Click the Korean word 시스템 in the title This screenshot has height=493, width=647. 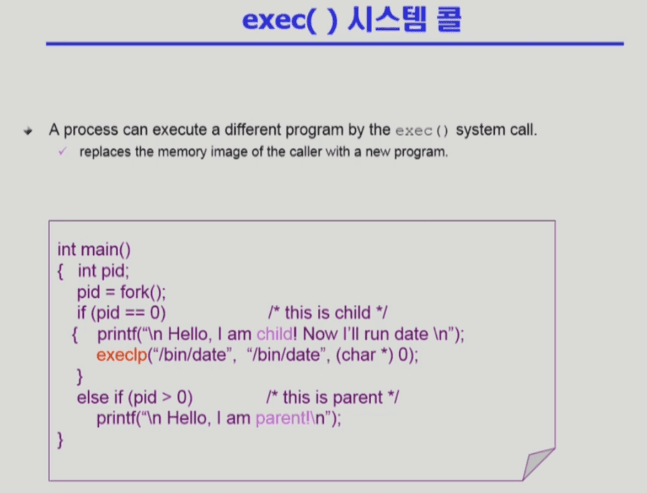(x=387, y=19)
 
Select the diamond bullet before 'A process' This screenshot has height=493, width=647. (x=28, y=131)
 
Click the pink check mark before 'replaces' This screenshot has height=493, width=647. (x=62, y=152)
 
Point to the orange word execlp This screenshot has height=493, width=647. (x=122, y=355)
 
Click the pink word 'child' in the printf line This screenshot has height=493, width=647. (x=274, y=334)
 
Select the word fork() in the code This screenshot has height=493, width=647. (x=143, y=292)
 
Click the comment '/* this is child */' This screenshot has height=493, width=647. (x=328, y=313)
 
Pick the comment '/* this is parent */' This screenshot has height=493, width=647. (x=333, y=397)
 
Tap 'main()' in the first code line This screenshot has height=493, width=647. (x=106, y=250)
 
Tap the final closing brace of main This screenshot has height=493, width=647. (x=60, y=440)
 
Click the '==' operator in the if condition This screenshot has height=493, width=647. (x=135, y=313)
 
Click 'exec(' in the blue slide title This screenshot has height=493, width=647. (x=279, y=20)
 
